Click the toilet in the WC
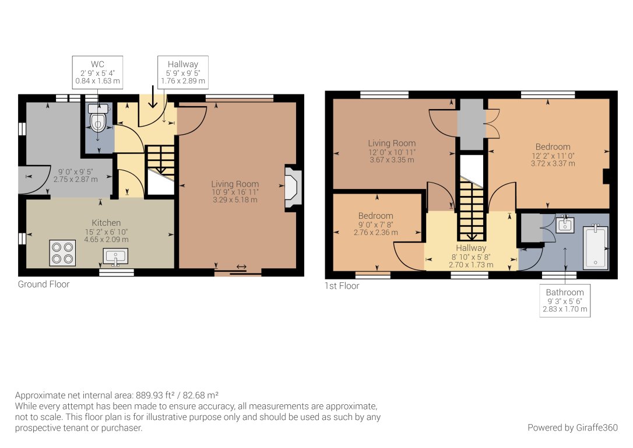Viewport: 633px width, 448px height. pos(97,120)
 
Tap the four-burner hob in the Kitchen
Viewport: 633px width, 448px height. pos(61,252)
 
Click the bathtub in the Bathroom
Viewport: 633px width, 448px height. pos(596,248)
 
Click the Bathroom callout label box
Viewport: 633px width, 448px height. pos(565,300)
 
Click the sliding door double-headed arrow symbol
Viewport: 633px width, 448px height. pos(241,268)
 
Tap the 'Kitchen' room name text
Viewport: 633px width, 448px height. pos(106,223)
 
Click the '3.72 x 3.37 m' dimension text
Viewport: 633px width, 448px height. pos(553,163)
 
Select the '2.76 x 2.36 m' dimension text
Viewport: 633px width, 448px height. pos(375,232)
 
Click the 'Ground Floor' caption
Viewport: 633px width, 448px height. pos(44,285)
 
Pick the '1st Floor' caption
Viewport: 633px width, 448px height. pos(342,286)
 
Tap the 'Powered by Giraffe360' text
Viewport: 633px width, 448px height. pos(572,428)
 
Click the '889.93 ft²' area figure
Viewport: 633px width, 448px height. pos(154,395)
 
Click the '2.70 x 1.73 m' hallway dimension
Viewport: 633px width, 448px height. pos(471,264)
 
